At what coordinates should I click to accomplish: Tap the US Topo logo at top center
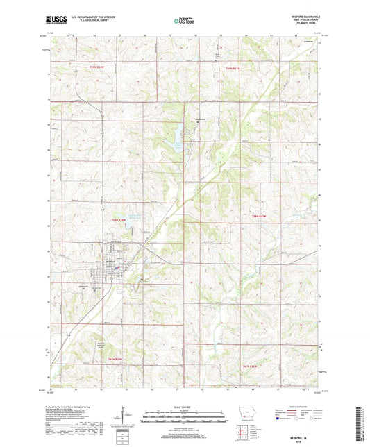pos(183,21)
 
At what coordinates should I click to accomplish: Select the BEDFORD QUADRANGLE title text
pos(305,17)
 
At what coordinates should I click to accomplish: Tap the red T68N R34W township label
pos(118,219)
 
